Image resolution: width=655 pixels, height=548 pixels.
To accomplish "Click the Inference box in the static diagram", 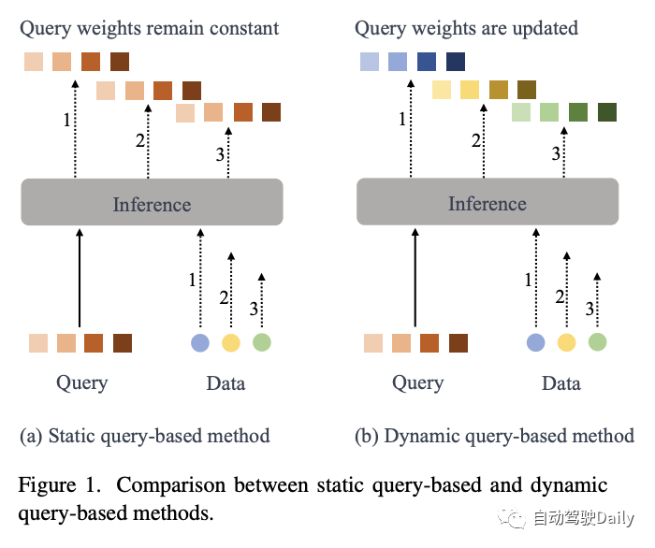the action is (x=152, y=202).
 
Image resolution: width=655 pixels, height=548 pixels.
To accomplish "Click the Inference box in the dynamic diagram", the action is (x=488, y=202).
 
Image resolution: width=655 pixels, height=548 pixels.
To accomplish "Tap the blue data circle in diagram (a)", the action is (x=200, y=342).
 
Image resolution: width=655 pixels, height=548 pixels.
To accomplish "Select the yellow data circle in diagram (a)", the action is (x=231, y=342).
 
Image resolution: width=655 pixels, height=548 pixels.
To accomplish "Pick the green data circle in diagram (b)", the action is (x=597, y=342).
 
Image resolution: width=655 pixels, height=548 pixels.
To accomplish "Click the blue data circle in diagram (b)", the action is (x=536, y=342).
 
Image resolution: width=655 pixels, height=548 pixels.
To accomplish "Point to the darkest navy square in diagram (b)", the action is (x=456, y=62).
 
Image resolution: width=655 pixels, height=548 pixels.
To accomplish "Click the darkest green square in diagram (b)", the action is (x=607, y=112).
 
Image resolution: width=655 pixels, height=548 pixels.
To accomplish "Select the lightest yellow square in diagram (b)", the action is (x=442, y=90).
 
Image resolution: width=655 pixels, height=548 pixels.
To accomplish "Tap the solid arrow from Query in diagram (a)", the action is (x=80, y=278).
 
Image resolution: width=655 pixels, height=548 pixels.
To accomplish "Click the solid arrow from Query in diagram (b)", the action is (x=415, y=278).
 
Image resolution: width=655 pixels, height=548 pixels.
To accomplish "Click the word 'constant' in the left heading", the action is (x=244, y=28).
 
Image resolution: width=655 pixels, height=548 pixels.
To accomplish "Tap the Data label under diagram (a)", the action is (x=226, y=383).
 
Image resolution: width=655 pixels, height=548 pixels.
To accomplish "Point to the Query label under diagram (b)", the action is (x=417, y=383).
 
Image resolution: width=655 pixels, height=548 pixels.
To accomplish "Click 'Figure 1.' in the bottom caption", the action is (x=60, y=485).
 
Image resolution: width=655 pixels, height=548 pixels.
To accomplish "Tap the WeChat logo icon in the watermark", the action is (x=511, y=517).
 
